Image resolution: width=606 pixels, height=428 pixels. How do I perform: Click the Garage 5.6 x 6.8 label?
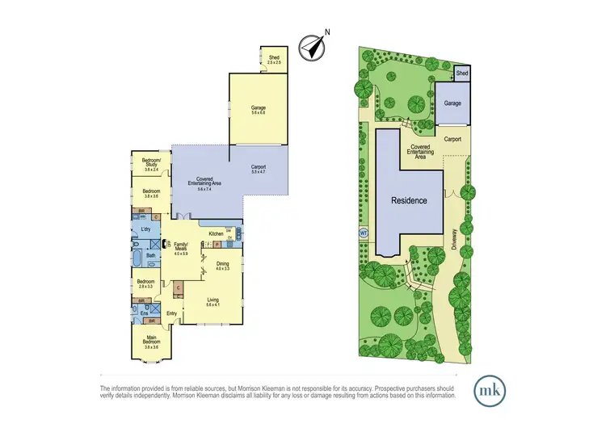point(258,109)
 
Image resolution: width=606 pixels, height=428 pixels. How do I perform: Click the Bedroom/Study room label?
point(152,165)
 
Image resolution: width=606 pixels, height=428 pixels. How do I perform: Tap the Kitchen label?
point(216,234)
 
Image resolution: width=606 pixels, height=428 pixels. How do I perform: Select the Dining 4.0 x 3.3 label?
point(223,265)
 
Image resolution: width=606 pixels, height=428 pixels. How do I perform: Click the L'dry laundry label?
point(146,231)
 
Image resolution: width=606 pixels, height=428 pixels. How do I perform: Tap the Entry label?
point(172,313)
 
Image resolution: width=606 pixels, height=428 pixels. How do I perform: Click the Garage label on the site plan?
point(452,103)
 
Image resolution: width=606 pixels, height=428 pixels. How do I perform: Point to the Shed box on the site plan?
point(462,73)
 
